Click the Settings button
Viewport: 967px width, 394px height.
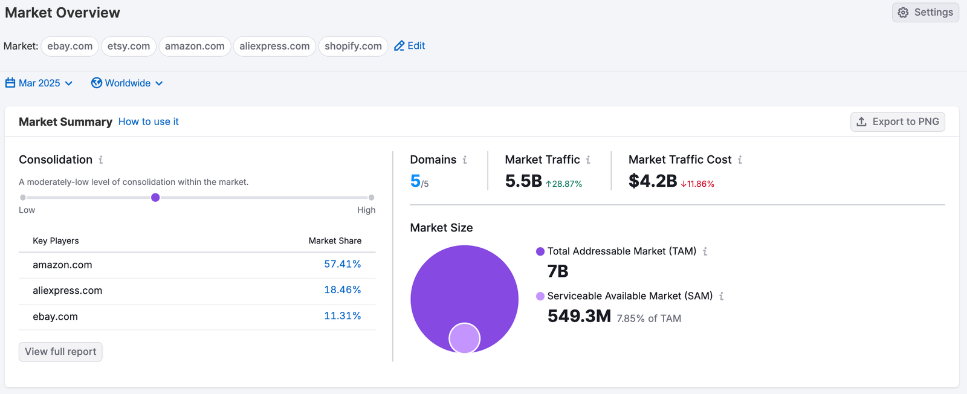(x=925, y=13)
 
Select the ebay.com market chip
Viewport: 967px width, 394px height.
(x=70, y=47)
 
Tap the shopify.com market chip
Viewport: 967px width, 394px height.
(x=353, y=47)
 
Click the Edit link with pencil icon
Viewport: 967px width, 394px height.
(x=410, y=46)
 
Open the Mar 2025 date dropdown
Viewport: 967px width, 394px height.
(x=39, y=83)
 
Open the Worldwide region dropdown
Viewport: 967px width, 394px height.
(x=127, y=83)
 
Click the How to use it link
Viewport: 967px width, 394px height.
(x=148, y=121)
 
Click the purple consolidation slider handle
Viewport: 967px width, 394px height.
(x=155, y=198)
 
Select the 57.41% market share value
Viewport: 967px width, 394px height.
(x=342, y=264)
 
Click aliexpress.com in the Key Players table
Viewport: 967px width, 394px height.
(x=67, y=291)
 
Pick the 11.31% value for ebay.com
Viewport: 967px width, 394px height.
(x=342, y=316)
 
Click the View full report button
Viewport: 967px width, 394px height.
(x=60, y=352)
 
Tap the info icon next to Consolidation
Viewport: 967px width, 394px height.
(x=101, y=160)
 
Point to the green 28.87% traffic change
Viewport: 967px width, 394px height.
(x=564, y=184)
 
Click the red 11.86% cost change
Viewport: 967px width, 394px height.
(x=697, y=184)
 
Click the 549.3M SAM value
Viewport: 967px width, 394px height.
(x=579, y=316)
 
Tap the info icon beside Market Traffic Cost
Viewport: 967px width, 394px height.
(x=740, y=160)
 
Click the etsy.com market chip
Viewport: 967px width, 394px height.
(x=129, y=47)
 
